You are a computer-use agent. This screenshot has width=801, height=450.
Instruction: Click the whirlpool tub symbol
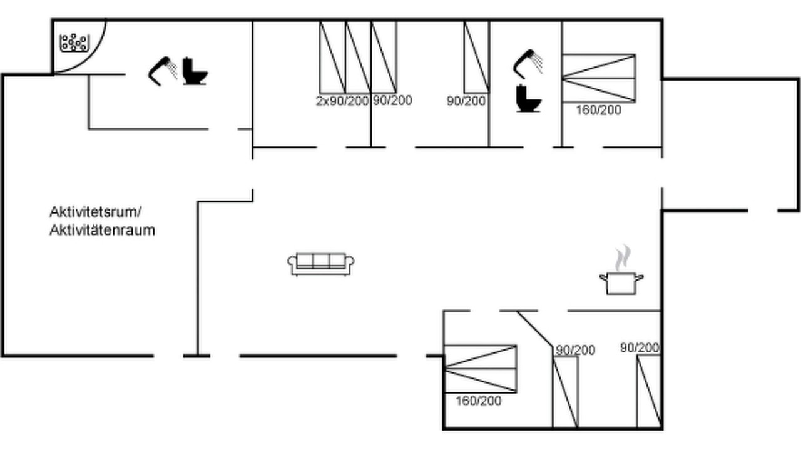[x=74, y=43]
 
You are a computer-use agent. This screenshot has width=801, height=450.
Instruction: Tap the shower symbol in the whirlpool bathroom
[x=163, y=71]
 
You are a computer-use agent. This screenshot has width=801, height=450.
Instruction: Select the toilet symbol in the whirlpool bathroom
[x=195, y=71]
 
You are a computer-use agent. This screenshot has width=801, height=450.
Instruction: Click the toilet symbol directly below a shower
[x=529, y=98]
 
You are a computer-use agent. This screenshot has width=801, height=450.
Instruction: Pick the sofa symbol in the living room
[x=321, y=264]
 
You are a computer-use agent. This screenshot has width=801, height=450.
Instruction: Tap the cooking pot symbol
[x=621, y=284]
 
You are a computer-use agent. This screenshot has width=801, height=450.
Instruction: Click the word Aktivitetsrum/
[x=96, y=212]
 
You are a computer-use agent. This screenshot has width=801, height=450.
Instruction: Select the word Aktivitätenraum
[x=102, y=231]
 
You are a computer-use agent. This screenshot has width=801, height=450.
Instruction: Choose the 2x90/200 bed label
[x=342, y=101]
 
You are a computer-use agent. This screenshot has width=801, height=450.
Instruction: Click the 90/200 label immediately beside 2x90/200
[x=392, y=101]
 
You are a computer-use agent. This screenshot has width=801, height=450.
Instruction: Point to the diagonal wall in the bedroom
[x=535, y=329]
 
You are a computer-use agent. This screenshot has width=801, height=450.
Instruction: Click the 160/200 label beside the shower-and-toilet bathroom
[x=598, y=110]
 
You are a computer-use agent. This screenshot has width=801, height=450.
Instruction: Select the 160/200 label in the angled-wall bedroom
[x=479, y=401]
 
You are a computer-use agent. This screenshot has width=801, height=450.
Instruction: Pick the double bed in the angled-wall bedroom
[x=480, y=369]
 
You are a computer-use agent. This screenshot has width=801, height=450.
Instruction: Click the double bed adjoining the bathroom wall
[x=599, y=78]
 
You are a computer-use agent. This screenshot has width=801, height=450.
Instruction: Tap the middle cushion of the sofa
[x=321, y=261]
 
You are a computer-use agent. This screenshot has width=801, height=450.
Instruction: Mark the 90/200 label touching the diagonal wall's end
[x=575, y=351]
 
